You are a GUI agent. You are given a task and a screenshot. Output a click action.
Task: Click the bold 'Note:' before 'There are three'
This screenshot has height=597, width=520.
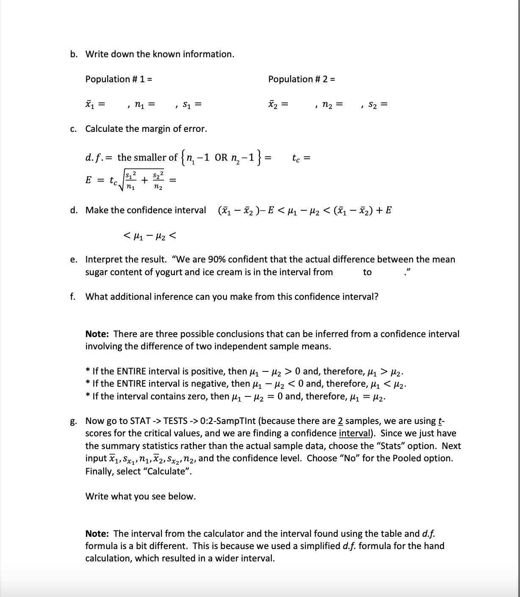pyautogui.click(x=98, y=334)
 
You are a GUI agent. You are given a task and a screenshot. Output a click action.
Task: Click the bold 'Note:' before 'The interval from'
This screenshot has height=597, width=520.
pyautogui.click(x=98, y=533)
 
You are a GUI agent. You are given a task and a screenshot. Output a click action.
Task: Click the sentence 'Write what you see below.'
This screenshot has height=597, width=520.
pyautogui.click(x=141, y=496)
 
